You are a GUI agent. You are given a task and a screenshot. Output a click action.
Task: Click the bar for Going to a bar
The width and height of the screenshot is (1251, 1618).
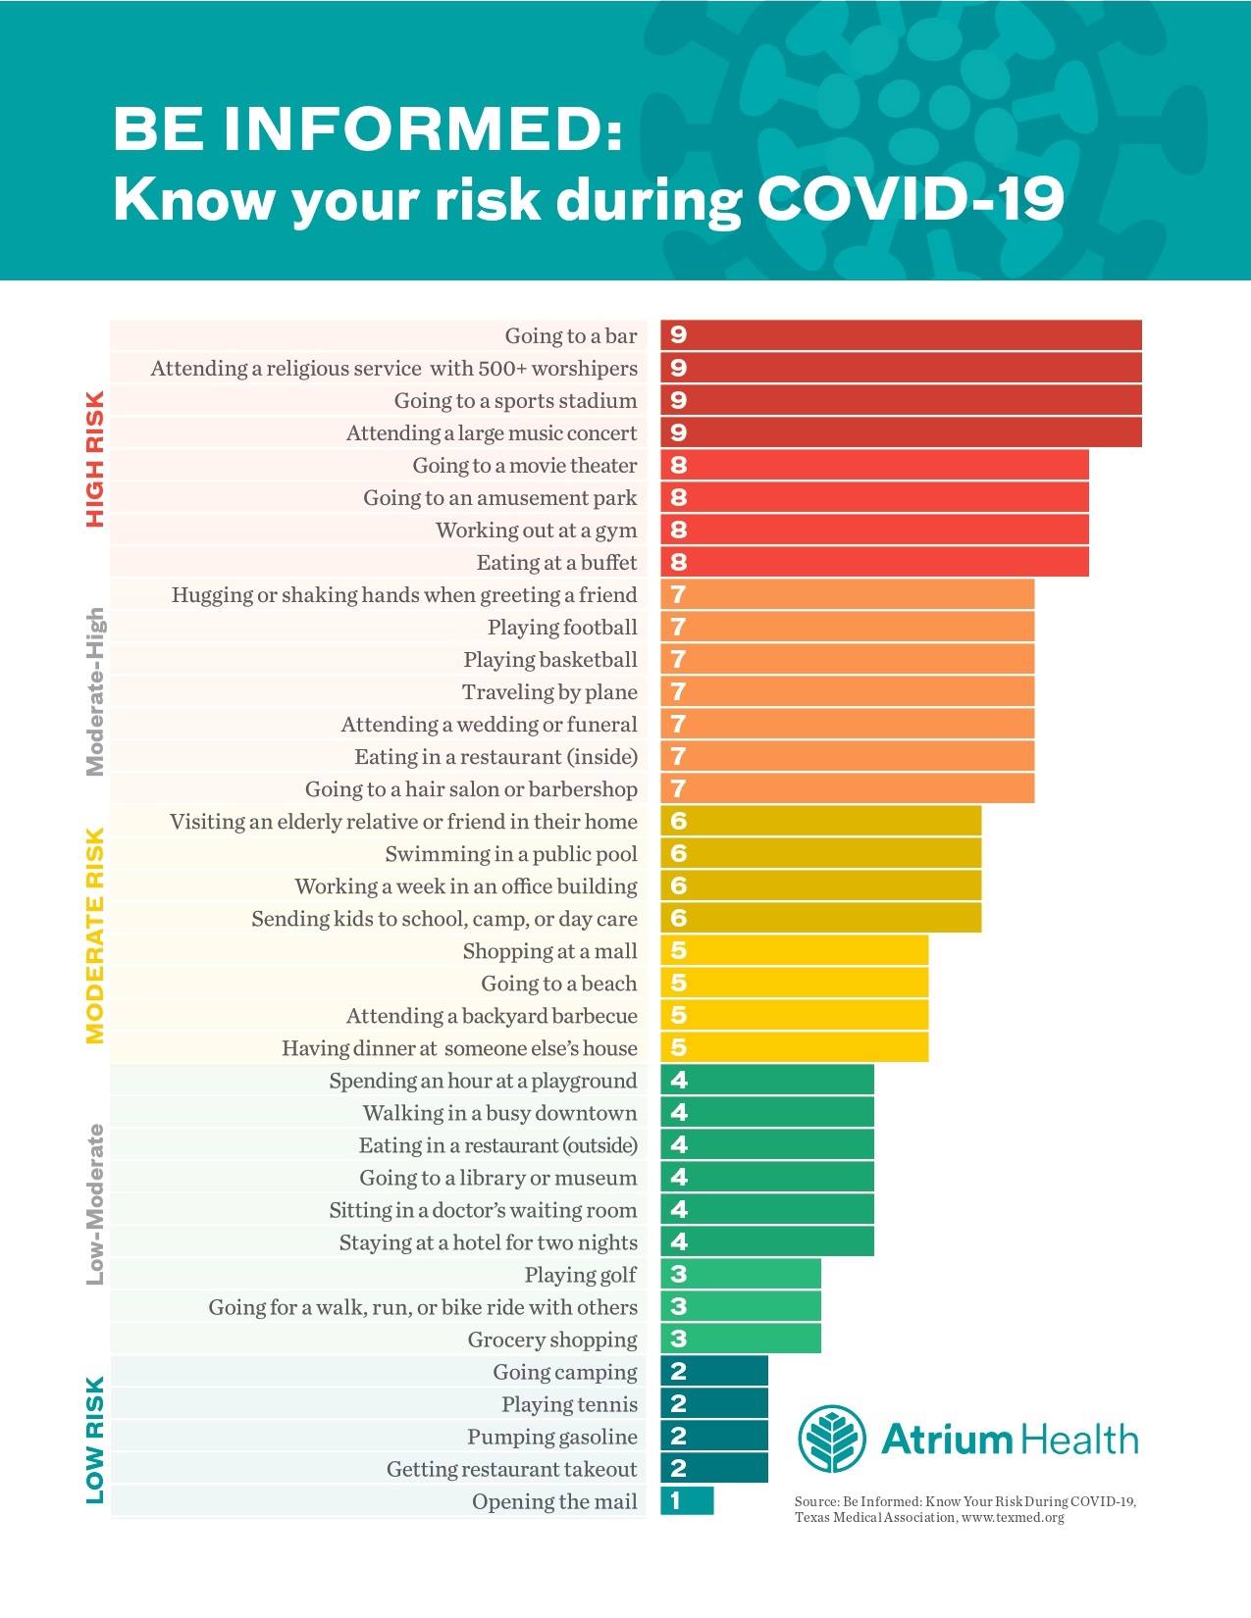click(x=901, y=335)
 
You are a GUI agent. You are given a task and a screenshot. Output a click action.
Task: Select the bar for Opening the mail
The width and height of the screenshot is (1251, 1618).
click(x=687, y=1500)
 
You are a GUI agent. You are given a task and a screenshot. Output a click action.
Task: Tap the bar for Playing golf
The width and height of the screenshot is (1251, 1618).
click(x=741, y=1274)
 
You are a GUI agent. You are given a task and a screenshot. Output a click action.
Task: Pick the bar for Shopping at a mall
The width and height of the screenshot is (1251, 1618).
click(x=794, y=951)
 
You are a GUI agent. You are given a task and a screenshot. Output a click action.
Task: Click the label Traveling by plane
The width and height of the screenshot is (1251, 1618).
click(x=549, y=691)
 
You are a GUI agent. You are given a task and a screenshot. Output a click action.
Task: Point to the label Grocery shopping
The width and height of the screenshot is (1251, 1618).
click(x=552, y=1339)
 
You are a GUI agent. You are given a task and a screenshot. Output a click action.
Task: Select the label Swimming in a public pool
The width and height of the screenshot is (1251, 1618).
click(x=511, y=853)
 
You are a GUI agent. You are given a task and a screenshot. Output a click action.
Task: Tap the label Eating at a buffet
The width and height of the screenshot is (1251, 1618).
click(x=556, y=562)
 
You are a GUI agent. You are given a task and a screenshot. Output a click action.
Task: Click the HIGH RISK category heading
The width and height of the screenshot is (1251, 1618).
click(x=95, y=459)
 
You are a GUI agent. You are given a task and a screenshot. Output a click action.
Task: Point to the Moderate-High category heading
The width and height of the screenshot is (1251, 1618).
click(x=95, y=691)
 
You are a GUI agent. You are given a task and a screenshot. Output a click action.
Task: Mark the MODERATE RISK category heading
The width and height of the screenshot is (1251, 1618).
click(x=95, y=935)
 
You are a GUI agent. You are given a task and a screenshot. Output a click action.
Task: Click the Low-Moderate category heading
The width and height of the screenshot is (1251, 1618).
click(x=95, y=1204)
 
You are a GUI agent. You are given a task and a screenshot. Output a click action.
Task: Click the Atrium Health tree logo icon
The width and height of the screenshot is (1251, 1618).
click(x=831, y=1439)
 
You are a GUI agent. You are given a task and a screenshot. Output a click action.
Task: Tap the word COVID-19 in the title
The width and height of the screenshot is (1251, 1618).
click(x=911, y=199)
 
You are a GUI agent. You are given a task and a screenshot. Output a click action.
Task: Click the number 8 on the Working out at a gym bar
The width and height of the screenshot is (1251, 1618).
click(x=678, y=530)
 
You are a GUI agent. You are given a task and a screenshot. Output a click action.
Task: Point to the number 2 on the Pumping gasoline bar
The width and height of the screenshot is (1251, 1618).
click(x=678, y=1436)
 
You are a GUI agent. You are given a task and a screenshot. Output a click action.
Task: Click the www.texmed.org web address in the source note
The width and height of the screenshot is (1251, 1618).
click(x=1013, y=1517)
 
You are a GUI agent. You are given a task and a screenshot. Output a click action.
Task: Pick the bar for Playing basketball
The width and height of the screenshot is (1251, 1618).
click(x=847, y=659)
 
